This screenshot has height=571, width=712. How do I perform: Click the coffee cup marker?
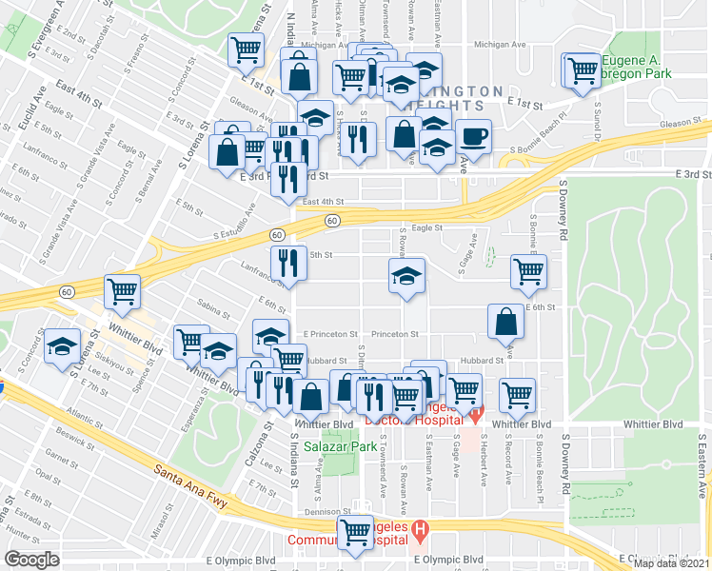(473, 135)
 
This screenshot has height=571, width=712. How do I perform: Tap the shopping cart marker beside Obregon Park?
(580, 69)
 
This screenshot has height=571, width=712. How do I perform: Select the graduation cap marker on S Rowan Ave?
(406, 276)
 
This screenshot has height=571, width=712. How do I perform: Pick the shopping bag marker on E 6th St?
(505, 323)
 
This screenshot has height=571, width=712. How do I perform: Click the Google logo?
(31, 560)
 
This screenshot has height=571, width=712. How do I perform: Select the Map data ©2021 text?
(672, 563)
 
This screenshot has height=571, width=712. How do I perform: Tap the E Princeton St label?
(330, 334)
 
